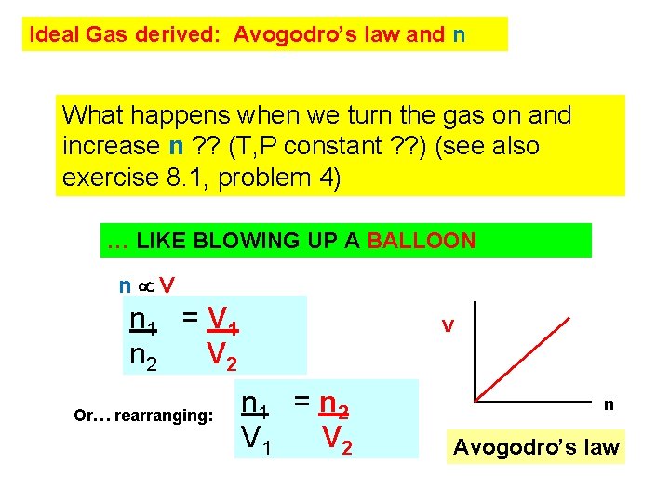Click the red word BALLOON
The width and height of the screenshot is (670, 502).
pos(421,242)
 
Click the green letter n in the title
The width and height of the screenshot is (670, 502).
pos(458,36)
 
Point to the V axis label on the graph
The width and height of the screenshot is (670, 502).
pos(448,325)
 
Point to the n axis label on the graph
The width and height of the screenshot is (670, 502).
pos(609,404)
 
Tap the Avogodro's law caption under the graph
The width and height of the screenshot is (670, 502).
pos(535,447)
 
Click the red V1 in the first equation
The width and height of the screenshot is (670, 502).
pos(224,321)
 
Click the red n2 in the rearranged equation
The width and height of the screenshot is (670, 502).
pos(332,403)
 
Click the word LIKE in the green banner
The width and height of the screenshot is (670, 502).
pos(156,242)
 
